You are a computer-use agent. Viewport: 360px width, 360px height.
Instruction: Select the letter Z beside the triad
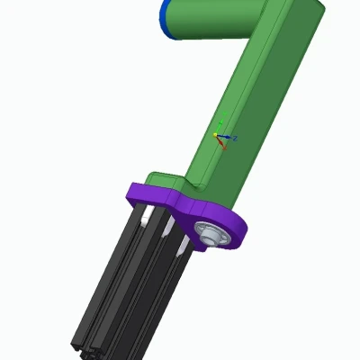coord(235,138)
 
